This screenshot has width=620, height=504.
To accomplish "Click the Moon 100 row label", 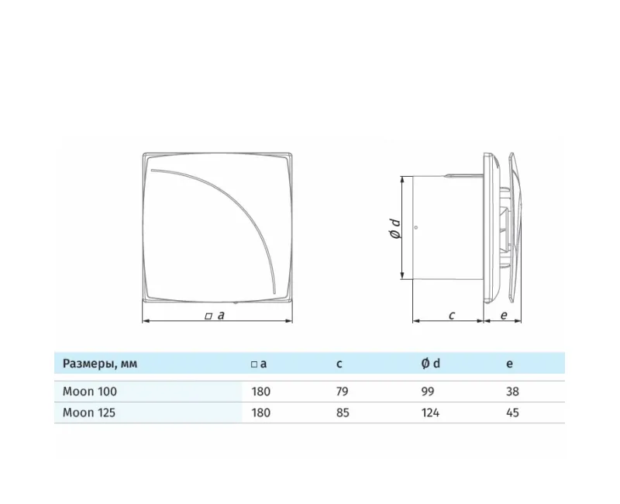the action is click(x=90, y=392).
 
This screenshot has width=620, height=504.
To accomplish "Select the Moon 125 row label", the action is click(x=89, y=413).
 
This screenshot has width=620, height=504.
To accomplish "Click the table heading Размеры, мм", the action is click(x=100, y=364).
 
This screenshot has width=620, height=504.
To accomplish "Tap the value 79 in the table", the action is click(x=343, y=392).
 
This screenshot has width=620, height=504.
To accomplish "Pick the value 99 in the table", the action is click(x=428, y=392).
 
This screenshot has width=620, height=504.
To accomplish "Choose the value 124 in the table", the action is click(x=430, y=413).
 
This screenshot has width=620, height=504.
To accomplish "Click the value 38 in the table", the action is click(x=512, y=392).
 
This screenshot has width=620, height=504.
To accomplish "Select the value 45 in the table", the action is click(x=512, y=413).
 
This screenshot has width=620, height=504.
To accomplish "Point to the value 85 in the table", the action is click(x=343, y=413).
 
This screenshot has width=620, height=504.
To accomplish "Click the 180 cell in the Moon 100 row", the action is click(x=261, y=392).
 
